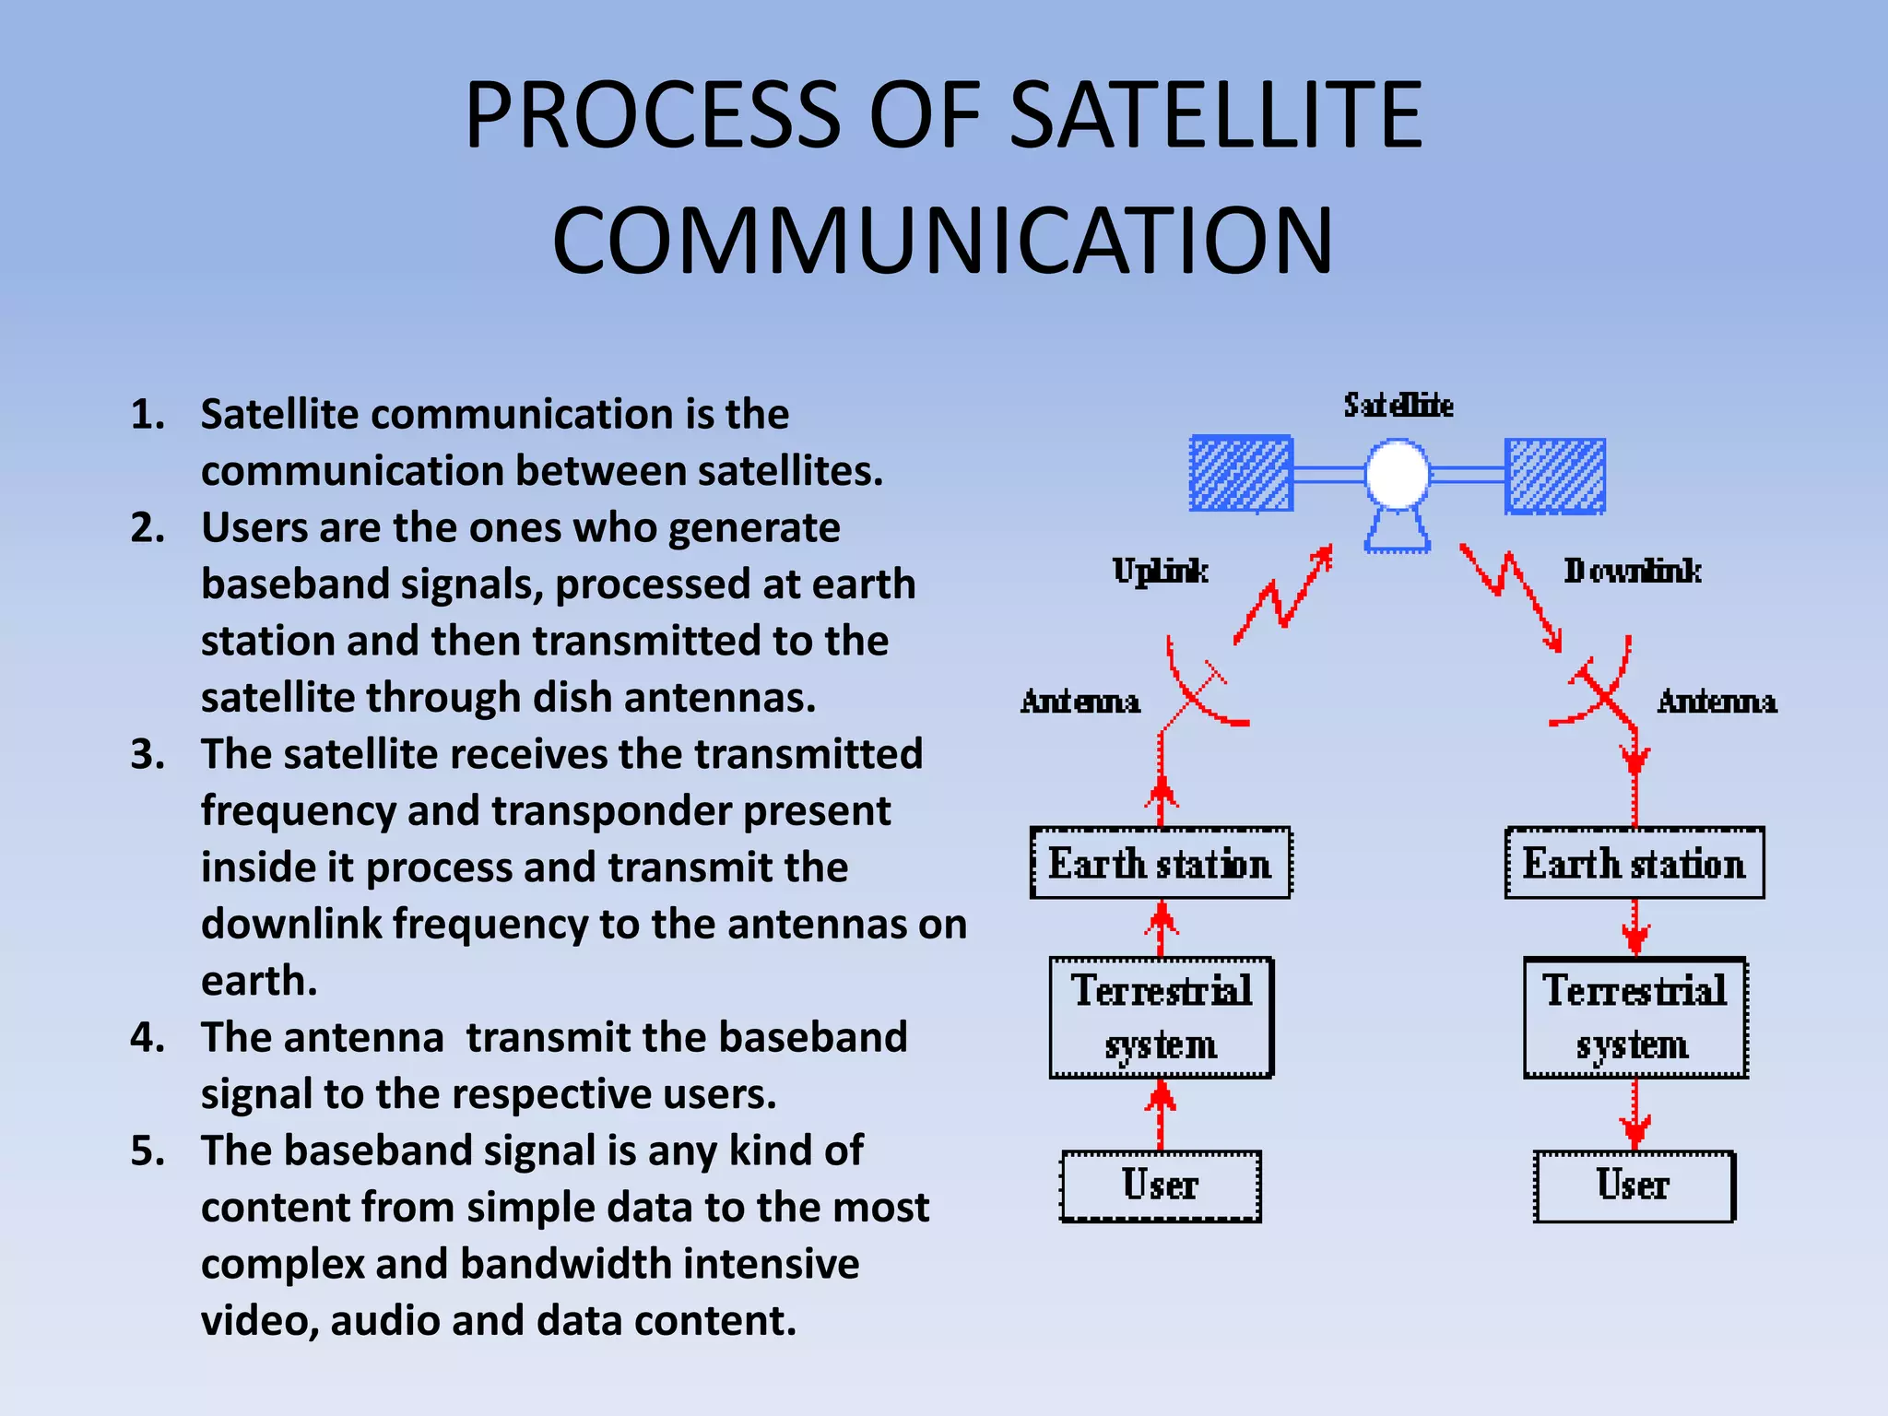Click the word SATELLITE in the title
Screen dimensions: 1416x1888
pyautogui.click(x=1216, y=115)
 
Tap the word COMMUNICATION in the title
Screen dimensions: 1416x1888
pyautogui.click(x=942, y=242)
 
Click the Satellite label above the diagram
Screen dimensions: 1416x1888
pyautogui.click(x=1398, y=406)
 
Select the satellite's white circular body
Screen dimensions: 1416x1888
pyautogui.click(x=1397, y=474)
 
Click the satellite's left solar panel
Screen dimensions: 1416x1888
pyautogui.click(x=1241, y=474)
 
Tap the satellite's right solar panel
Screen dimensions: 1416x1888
pyautogui.click(x=1555, y=476)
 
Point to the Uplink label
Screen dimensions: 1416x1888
pyautogui.click(x=1160, y=572)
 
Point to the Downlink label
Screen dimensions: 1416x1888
pyautogui.click(x=1632, y=572)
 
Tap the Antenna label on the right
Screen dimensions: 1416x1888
pyautogui.click(x=1717, y=702)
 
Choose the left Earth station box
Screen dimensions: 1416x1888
pyautogui.click(x=1160, y=864)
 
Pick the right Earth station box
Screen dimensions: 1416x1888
pyautogui.click(x=1634, y=864)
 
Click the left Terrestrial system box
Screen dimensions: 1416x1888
pyautogui.click(x=1161, y=1018)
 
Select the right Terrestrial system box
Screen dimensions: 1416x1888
pyautogui.click(x=1634, y=1018)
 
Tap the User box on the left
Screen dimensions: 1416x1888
pyautogui.click(x=1160, y=1186)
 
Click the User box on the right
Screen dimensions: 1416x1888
pyautogui.click(x=1634, y=1186)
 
